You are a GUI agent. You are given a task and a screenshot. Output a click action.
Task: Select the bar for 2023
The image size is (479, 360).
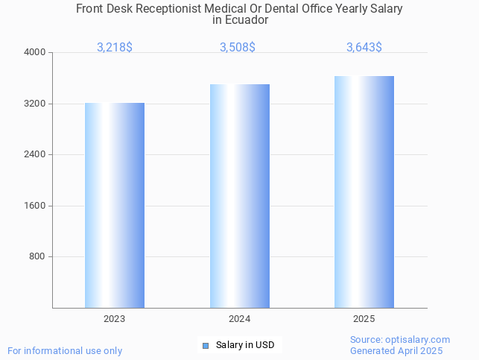tap(115, 205)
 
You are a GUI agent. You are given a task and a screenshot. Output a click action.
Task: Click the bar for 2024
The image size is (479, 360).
tap(240, 196)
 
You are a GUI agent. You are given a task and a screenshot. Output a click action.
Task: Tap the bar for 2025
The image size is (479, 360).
tap(364, 192)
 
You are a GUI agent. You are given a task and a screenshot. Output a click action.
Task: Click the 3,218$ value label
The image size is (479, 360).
tap(115, 48)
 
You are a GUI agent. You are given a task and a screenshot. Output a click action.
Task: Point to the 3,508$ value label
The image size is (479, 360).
tap(238, 48)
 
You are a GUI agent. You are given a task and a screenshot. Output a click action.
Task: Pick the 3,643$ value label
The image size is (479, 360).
tap(364, 48)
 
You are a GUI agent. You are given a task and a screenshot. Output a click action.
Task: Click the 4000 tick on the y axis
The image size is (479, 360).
tap(36, 53)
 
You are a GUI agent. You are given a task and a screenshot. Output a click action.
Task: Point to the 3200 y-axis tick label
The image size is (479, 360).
tap(36, 104)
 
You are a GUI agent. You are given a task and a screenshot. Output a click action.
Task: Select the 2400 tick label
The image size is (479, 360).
tap(36, 155)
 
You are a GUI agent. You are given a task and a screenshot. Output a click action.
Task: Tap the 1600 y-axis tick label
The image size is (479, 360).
tap(36, 206)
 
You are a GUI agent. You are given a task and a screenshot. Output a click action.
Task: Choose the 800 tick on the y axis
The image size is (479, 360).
tap(38, 257)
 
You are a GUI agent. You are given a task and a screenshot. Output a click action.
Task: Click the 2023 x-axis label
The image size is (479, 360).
tap(115, 319)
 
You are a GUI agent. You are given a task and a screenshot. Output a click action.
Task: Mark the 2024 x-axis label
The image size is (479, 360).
tap(240, 319)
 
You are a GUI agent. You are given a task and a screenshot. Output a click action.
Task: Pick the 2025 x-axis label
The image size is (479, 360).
tap(364, 319)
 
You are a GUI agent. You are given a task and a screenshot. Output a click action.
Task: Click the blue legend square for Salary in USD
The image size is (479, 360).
tap(206, 345)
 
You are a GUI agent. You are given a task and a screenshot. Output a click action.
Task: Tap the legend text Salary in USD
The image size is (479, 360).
tap(245, 345)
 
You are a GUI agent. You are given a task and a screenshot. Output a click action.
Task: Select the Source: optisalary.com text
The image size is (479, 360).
tap(400, 340)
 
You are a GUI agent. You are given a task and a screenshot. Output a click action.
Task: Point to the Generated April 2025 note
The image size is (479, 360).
tap(396, 351)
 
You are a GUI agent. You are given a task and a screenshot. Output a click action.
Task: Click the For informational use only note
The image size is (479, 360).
tap(65, 351)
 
